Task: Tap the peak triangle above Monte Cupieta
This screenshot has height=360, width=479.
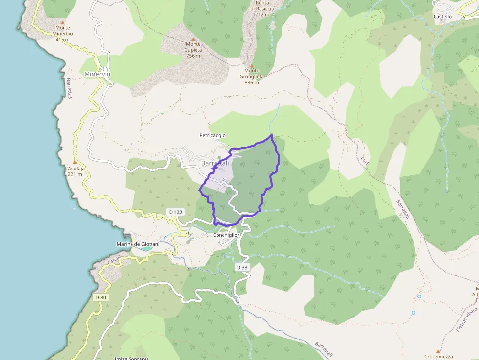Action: [193, 39]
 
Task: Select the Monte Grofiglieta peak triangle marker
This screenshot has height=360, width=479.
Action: [252, 65]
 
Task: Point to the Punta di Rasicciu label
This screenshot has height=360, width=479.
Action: [262, 6]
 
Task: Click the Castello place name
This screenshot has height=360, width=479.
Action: [442, 16]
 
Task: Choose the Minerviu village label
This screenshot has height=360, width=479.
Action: [98, 74]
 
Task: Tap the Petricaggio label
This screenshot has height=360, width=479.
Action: [213, 135]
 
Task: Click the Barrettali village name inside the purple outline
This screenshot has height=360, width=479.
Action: [215, 163]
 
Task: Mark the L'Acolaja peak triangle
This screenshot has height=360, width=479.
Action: [75, 162]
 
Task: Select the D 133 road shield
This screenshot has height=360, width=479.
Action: [175, 212]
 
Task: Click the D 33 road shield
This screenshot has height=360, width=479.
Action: [242, 267]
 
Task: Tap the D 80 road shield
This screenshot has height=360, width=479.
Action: [101, 297]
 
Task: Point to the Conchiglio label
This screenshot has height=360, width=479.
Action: [225, 235]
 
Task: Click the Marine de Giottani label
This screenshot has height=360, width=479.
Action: [138, 244]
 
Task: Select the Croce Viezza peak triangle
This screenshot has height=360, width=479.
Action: [438, 351]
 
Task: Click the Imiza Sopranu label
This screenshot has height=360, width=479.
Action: [131, 358]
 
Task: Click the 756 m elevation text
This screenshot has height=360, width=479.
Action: [193, 56]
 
